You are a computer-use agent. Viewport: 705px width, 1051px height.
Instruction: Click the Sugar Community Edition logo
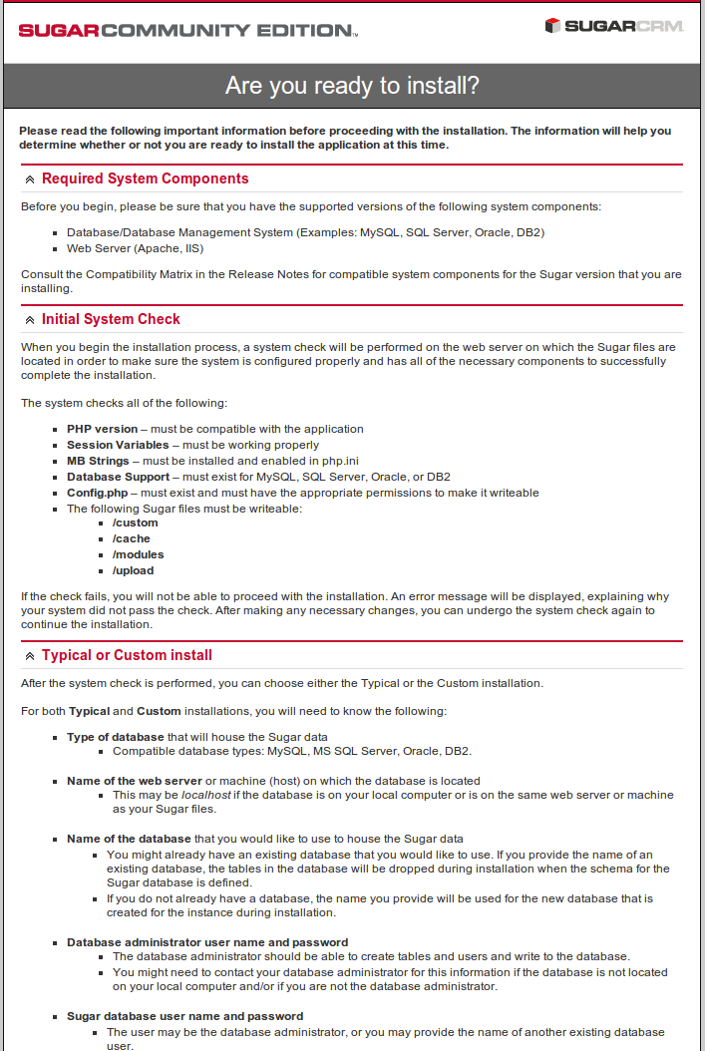(187, 30)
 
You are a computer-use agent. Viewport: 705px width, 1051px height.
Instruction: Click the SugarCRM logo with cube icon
(614, 26)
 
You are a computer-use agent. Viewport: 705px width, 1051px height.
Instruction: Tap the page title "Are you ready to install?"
(352, 86)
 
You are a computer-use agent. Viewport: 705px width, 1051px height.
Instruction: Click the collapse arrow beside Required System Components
(30, 179)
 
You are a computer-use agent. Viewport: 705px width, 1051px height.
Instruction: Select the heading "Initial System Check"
(111, 319)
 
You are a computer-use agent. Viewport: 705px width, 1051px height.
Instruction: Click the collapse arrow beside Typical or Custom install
(30, 656)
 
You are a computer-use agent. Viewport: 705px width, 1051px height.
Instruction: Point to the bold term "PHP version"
(103, 429)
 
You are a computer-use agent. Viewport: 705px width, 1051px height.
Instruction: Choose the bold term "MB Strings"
(98, 461)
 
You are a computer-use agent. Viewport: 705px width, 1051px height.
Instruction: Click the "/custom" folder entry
(135, 523)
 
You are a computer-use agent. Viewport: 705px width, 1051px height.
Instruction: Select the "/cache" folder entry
(131, 538)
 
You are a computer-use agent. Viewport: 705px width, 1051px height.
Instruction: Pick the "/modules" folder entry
(138, 554)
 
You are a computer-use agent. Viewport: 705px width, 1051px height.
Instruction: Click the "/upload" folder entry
(133, 570)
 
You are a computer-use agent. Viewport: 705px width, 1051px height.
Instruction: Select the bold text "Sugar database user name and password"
(184, 1016)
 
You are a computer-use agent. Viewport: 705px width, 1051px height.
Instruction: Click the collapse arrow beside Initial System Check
(30, 320)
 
